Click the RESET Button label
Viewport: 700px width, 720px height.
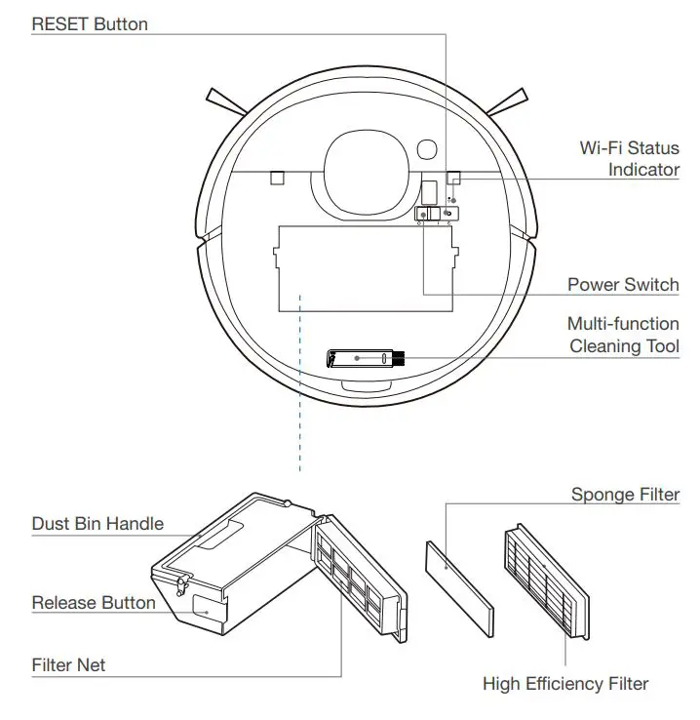90,24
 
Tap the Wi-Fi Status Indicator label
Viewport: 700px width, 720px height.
629,159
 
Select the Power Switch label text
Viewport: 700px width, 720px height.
623,285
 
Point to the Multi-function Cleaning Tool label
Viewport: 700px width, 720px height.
623,335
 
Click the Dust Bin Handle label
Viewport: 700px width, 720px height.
97,524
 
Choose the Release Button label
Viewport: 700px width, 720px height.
94,602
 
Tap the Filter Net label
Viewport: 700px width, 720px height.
68,665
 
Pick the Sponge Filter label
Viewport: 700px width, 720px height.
625,495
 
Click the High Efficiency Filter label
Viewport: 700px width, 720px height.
565,684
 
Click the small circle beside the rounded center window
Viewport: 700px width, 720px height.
426,149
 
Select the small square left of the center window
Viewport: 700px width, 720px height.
276,178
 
